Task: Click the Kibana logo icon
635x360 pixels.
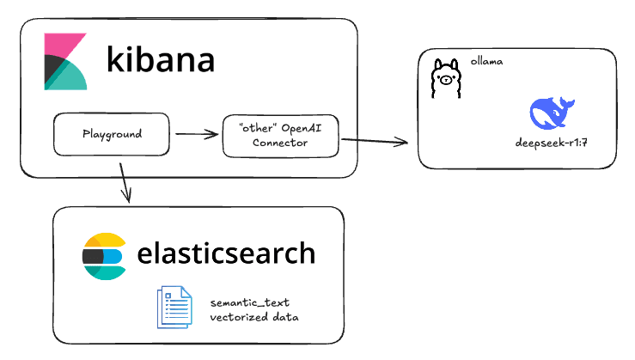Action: coord(66,63)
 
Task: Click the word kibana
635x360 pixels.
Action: coord(160,61)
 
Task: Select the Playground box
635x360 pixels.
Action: coord(112,135)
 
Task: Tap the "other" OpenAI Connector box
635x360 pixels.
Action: coord(280,135)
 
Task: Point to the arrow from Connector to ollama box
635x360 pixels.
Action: coord(379,141)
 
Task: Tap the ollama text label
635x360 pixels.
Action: coord(486,63)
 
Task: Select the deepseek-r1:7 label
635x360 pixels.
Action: coord(551,143)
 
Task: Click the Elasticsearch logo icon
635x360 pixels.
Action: coord(104,255)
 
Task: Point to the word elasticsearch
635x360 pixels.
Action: coord(226,254)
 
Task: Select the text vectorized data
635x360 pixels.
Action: coord(255,317)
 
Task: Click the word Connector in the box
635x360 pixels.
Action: coord(280,143)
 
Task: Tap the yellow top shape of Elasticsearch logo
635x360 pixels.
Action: coord(104,240)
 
